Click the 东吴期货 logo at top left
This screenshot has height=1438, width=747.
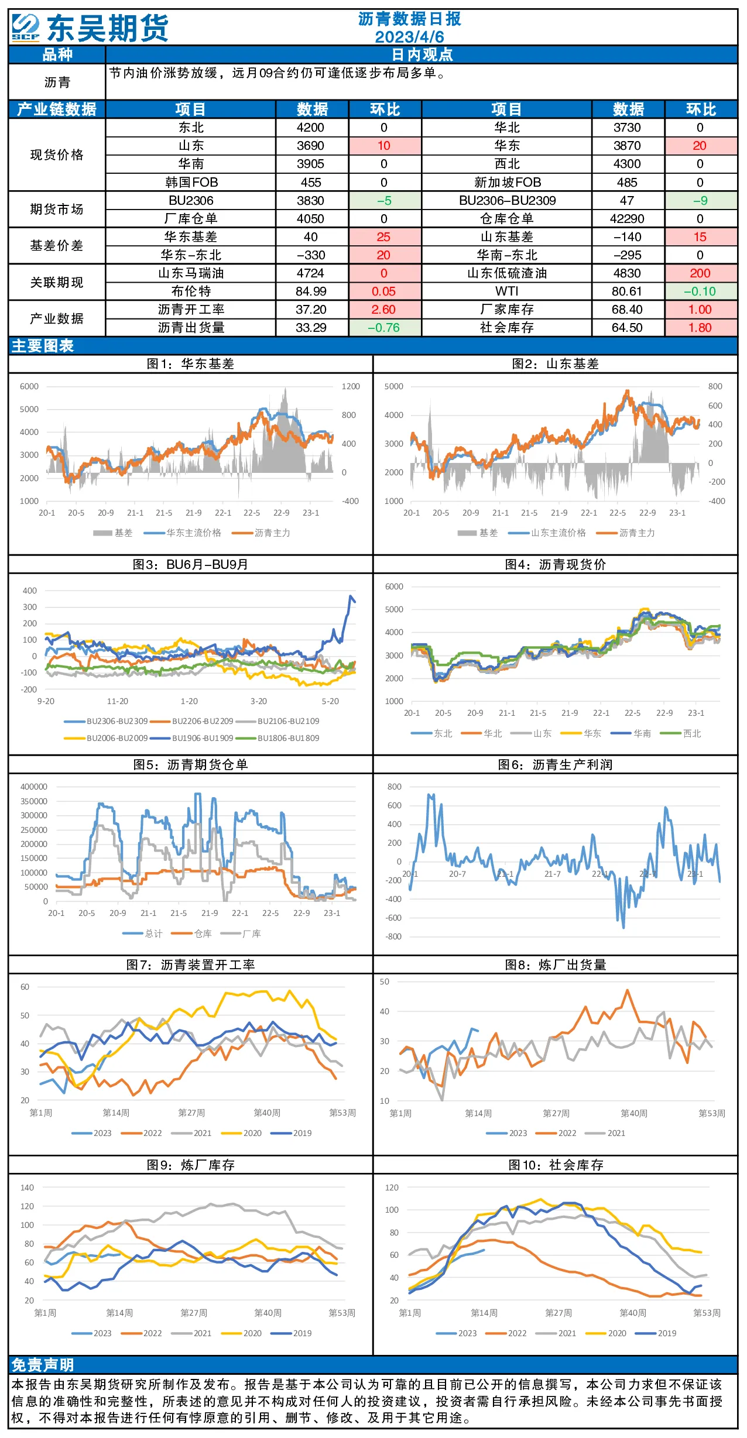90,28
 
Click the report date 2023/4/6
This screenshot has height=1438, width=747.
409,36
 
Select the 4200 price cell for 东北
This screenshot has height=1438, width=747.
310,128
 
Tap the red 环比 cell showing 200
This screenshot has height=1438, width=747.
700,273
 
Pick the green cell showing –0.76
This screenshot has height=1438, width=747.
384,328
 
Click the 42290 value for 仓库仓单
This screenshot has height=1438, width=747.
627,219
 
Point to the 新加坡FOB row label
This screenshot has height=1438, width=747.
508,183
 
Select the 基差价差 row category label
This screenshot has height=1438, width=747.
57,246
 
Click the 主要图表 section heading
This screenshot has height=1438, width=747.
43,346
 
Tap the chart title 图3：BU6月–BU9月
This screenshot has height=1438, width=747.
190,564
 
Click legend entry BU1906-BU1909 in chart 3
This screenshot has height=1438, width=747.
203,738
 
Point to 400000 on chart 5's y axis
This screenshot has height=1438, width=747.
34,787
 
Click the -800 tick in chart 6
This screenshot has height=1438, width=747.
393,936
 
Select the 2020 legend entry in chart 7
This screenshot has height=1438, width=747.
252,1133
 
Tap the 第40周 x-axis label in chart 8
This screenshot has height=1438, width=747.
634,1113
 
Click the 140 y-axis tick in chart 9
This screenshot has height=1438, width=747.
28,1188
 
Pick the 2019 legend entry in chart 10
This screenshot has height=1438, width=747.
667,1333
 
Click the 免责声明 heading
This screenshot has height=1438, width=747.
43,1365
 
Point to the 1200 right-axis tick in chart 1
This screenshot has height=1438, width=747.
351,386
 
